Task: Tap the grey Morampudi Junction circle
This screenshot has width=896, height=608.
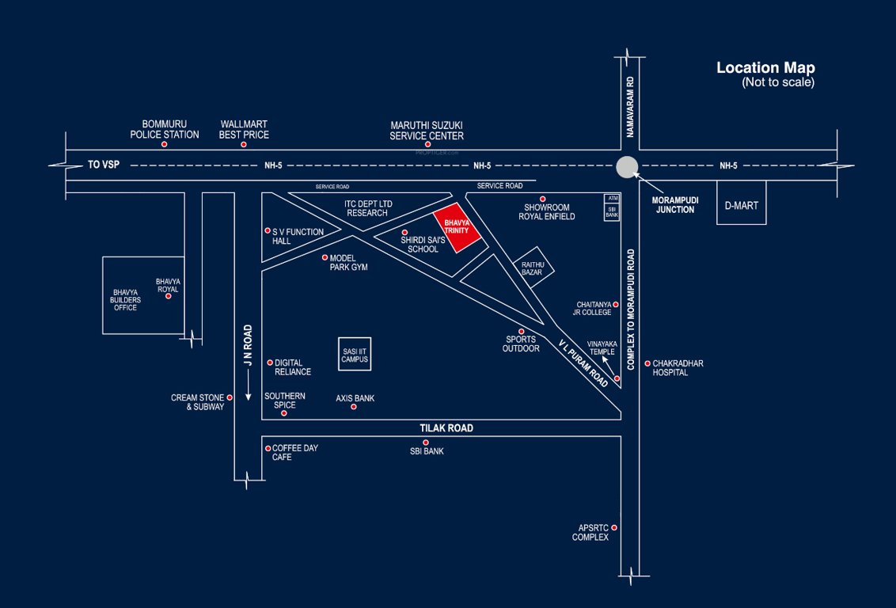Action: (626, 167)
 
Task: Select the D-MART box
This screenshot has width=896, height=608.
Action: (741, 206)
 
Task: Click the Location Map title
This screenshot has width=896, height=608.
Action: (765, 68)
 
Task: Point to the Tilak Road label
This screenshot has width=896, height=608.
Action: (446, 428)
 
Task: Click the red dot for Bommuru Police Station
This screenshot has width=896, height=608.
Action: (165, 144)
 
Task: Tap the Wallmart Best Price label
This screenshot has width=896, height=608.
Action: (244, 130)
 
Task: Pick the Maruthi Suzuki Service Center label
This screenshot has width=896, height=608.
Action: (427, 131)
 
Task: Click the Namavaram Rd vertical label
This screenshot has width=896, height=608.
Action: (631, 108)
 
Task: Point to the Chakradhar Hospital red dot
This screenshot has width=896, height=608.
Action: (647, 364)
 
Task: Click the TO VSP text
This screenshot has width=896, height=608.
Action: (103, 165)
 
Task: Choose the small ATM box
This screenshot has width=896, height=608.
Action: (612, 198)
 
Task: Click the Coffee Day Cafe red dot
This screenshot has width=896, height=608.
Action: (268, 448)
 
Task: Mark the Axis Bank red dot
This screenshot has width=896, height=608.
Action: (354, 407)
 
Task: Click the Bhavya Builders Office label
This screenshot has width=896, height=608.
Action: (125, 300)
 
